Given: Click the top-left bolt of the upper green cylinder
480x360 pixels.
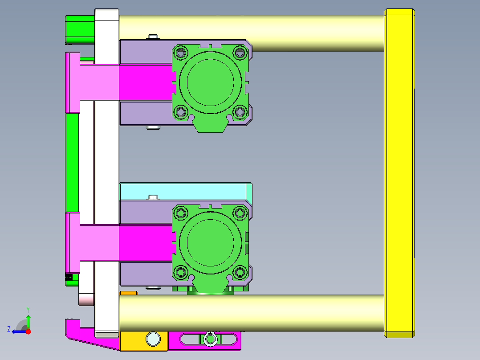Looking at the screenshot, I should point(181,53).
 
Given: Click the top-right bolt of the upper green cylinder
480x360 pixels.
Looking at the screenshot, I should point(240,53).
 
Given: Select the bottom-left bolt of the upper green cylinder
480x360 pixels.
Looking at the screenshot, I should point(181,112).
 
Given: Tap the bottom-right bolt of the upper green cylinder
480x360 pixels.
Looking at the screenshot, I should point(240,112).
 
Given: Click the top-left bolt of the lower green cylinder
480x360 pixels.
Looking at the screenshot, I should point(181,213).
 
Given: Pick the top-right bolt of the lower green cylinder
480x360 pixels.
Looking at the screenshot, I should point(240,213).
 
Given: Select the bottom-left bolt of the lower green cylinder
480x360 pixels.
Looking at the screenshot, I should point(181,272).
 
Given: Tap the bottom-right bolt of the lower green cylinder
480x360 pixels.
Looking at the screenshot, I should point(240,272).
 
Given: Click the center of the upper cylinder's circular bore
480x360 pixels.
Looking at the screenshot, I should point(210,82).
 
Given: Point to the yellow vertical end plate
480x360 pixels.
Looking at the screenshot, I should point(400,174).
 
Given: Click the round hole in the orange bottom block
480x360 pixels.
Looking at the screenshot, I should point(153,339).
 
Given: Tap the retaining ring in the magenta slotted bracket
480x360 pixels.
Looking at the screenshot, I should point(210,340).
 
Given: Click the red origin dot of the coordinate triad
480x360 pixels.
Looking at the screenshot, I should point(28,331).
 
